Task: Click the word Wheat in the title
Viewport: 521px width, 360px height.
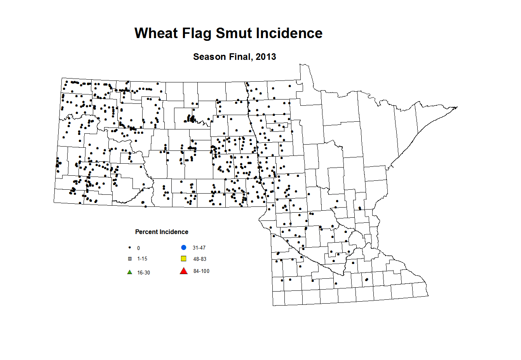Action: pos(156,33)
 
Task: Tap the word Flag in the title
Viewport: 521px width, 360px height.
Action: pos(197,34)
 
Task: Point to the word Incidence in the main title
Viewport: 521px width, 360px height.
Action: pos(289,33)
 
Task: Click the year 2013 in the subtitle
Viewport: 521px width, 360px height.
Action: pos(266,57)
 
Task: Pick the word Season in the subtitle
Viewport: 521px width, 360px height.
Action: pos(209,57)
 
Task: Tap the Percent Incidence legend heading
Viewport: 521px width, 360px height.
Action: pos(162,232)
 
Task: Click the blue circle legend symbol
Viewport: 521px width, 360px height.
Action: pos(184,248)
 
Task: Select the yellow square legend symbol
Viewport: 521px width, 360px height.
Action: pos(184,259)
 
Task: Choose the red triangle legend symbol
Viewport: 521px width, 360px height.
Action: pos(184,271)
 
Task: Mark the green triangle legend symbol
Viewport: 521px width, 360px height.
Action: pos(130,272)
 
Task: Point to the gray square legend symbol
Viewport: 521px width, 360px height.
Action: pos(130,259)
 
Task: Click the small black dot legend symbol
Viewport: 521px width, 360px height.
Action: pos(130,247)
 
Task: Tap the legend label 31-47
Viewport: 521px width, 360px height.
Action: pos(199,248)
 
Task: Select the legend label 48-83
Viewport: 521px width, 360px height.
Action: pos(200,259)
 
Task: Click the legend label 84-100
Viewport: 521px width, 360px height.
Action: pos(201,271)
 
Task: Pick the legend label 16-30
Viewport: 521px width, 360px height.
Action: pos(143,273)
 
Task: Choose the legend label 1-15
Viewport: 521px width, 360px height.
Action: pos(142,259)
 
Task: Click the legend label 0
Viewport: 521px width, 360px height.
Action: pos(138,248)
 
